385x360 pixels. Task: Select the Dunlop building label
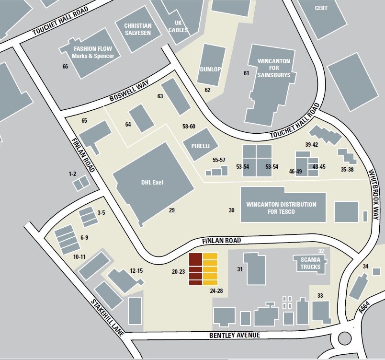pyautogui.click(x=210, y=70)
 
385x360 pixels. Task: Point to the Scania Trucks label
pyautogui.click(x=310, y=264)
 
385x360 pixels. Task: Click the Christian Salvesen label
pyautogui.click(x=137, y=29)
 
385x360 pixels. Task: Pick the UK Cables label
pyautogui.click(x=178, y=26)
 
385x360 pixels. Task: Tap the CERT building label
pyautogui.click(x=320, y=8)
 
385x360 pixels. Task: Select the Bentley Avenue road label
pyautogui.click(x=235, y=336)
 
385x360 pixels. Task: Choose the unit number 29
pyautogui.click(x=172, y=210)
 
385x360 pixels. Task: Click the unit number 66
pyautogui.click(x=65, y=67)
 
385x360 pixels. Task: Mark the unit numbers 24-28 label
pyautogui.click(x=216, y=290)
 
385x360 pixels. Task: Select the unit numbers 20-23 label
pyautogui.click(x=178, y=272)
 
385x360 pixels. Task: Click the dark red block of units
pyautogui.click(x=195, y=269)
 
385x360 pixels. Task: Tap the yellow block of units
pyautogui.click(x=210, y=269)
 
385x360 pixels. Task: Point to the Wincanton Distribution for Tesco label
pyautogui.click(x=281, y=208)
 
